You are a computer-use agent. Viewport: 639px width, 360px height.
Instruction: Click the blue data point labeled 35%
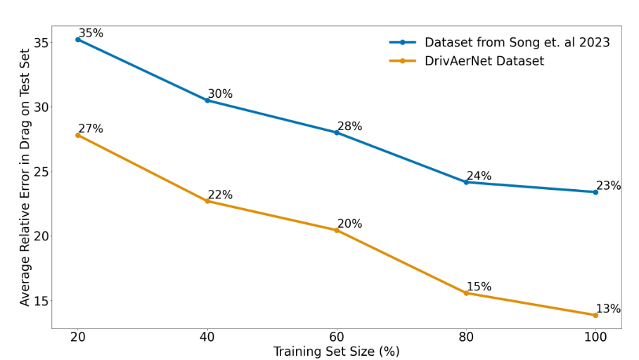(x=78, y=39)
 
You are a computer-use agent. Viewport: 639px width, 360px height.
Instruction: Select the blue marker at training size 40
(x=207, y=101)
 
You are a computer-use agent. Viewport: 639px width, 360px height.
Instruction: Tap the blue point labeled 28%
(x=337, y=132)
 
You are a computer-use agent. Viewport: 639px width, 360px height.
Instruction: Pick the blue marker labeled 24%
(x=466, y=182)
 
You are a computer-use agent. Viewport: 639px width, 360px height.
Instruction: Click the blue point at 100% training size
(x=595, y=192)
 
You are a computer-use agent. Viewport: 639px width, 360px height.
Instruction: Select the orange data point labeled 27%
(x=78, y=135)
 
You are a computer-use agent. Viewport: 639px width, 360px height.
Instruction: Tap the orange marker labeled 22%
(x=207, y=201)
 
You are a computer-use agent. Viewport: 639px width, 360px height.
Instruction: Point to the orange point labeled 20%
(x=337, y=230)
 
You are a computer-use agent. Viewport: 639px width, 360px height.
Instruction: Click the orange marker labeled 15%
(x=466, y=292)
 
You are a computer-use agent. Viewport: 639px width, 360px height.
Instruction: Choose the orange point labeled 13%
(x=595, y=315)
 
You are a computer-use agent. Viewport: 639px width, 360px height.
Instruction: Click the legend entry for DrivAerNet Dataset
(x=484, y=61)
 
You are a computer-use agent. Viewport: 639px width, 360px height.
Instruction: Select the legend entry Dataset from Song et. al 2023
(x=517, y=42)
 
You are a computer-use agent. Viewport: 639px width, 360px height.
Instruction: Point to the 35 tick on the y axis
(x=40, y=43)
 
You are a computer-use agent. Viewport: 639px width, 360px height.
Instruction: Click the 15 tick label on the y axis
(x=40, y=301)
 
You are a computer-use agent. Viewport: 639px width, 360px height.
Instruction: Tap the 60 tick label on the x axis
(x=337, y=337)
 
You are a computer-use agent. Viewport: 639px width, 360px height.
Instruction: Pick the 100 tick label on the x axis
(x=595, y=337)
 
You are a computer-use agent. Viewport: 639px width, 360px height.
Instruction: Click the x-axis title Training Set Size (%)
(x=336, y=352)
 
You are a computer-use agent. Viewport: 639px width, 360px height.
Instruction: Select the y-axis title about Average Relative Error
(x=25, y=177)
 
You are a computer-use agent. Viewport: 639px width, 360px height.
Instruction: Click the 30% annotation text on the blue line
(x=220, y=94)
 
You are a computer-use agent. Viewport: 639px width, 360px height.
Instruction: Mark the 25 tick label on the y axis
(x=40, y=172)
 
